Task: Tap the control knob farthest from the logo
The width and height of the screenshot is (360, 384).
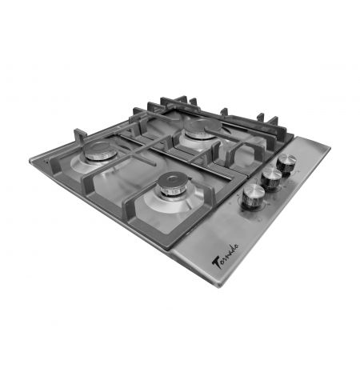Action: click(286, 165)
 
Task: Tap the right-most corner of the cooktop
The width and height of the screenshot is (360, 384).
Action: click(330, 147)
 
